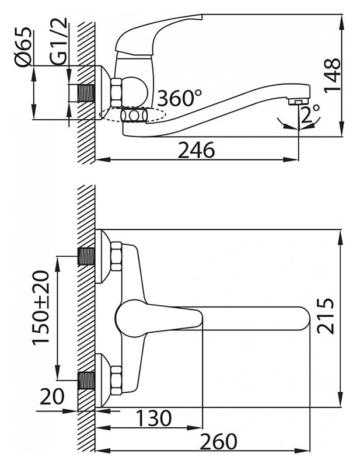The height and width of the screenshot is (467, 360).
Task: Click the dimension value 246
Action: click(x=196, y=150)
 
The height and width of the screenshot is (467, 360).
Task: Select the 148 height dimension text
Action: click(x=332, y=76)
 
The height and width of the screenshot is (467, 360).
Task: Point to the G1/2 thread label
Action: click(x=58, y=41)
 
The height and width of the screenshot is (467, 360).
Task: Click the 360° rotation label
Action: click(x=180, y=97)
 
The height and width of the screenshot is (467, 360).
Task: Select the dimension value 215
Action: click(x=326, y=316)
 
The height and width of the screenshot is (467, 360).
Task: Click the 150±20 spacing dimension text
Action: click(x=41, y=308)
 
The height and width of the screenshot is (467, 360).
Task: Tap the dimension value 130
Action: click(x=153, y=418)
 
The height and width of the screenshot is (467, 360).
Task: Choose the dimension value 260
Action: click(x=219, y=441)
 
